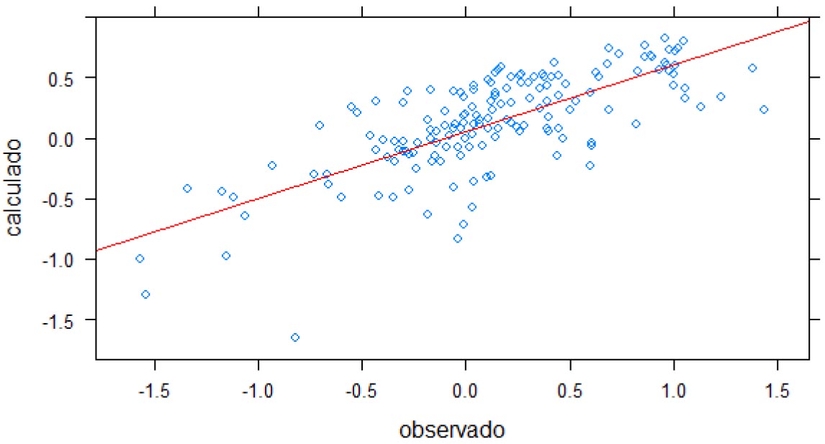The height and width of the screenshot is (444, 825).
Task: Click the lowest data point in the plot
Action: pyautogui.click(x=295, y=337)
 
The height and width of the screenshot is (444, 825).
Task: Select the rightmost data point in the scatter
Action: pyautogui.click(x=764, y=109)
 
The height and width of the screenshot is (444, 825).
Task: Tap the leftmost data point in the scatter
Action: pyautogui.click(x=140, y=258)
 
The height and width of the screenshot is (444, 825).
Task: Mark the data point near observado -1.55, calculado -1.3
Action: pyautogui.click(x=145, y=294)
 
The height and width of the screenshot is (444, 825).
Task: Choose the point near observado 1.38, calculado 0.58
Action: pyautogui.click(x=752, y=68)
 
